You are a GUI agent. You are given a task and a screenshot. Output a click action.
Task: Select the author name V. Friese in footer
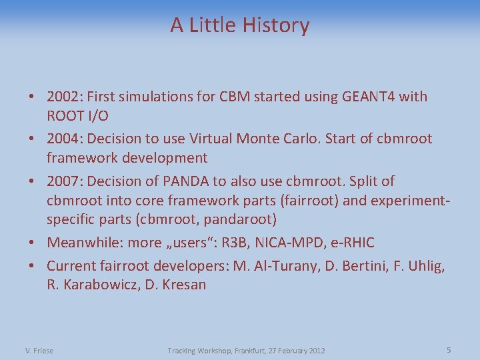pos(39,351)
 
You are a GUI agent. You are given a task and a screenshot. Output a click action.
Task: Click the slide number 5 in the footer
pos(449,350)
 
